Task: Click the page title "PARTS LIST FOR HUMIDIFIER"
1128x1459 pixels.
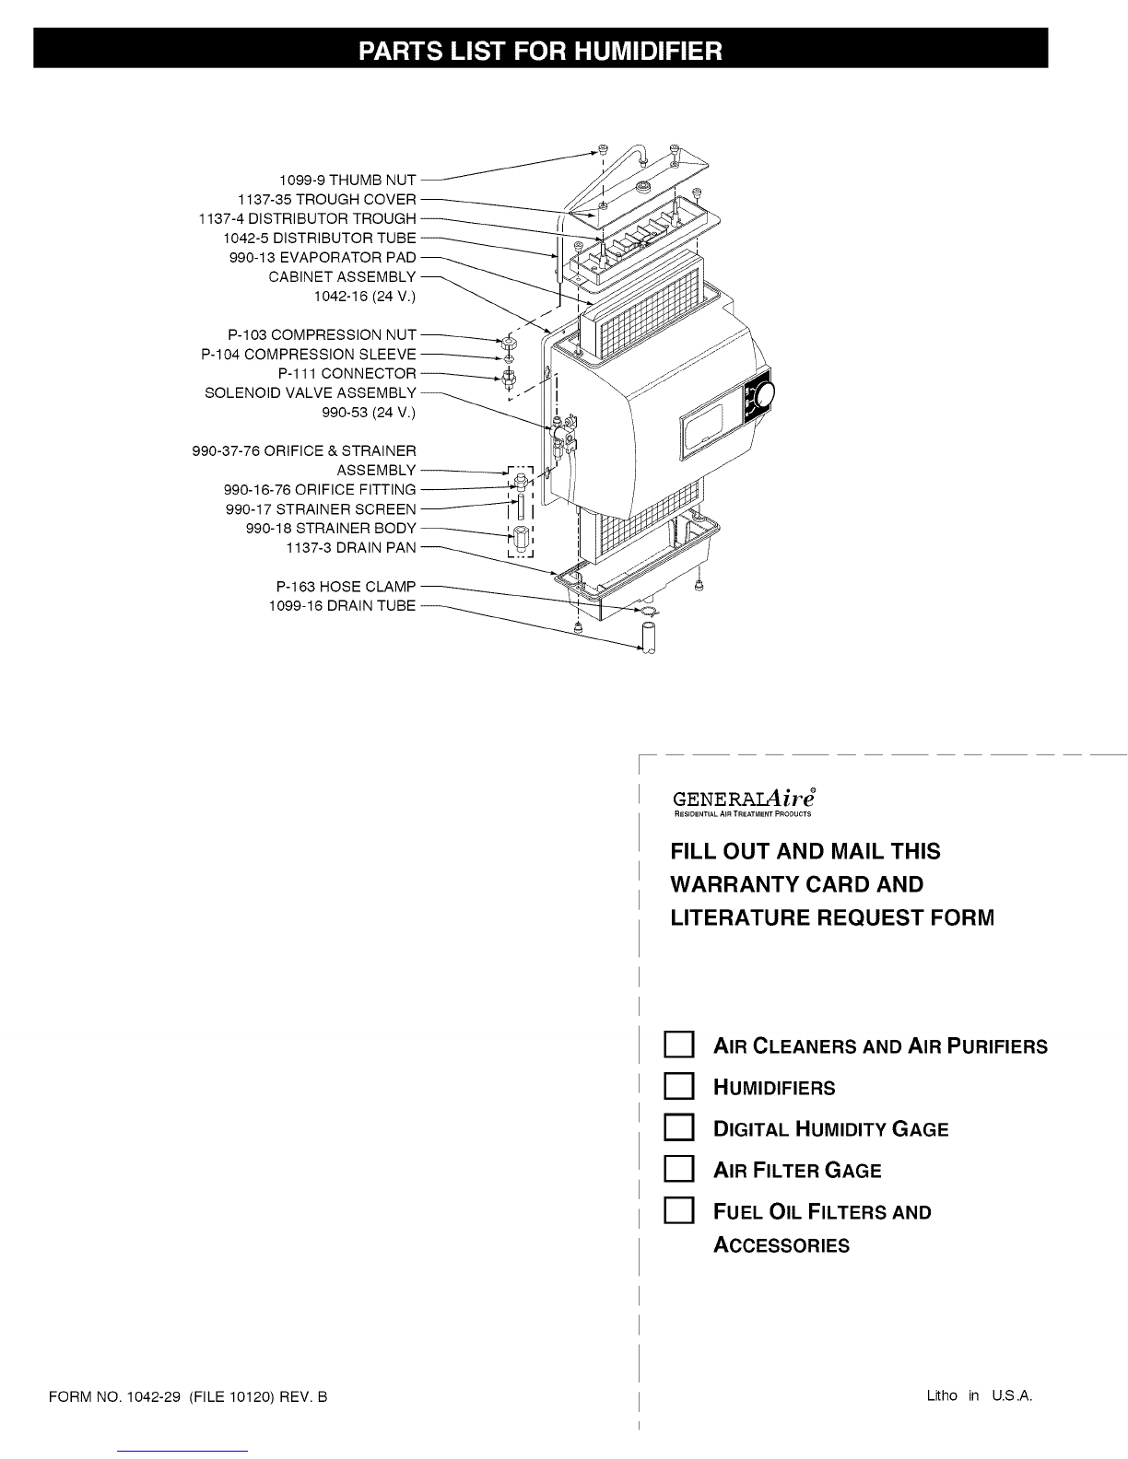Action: tap(540, 51)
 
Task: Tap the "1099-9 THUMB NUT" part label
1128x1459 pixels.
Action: tap(347, 180)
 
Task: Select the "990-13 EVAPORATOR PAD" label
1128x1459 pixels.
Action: tap(323, 257)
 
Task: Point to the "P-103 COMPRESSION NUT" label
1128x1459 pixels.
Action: tap(322, 334)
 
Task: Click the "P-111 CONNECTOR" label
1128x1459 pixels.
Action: tap(347, 373)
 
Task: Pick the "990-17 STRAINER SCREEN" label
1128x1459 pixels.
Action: tap(321, 509)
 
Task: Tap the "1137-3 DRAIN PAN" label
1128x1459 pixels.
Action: tap(351, 547)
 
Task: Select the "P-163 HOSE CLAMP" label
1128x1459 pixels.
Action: tap(346, 586)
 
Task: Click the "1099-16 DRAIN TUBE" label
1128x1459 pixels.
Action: tap(342, 606)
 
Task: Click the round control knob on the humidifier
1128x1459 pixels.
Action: tap(764, 395)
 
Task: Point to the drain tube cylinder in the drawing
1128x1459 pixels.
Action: tap(648, 637)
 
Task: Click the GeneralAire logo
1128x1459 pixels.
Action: tap(745, 801)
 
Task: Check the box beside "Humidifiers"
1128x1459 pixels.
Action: tap(678, 1087)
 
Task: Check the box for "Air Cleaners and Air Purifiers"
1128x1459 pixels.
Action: tap(678, 1045)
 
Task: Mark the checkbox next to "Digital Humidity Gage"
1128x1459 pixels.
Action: tap(678, 1128)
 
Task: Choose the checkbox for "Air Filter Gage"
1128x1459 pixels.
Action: tap(678, 1170)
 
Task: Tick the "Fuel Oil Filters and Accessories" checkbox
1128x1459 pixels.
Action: tap(678, 1210)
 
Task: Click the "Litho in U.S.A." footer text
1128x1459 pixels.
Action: tap(980, 1395)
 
